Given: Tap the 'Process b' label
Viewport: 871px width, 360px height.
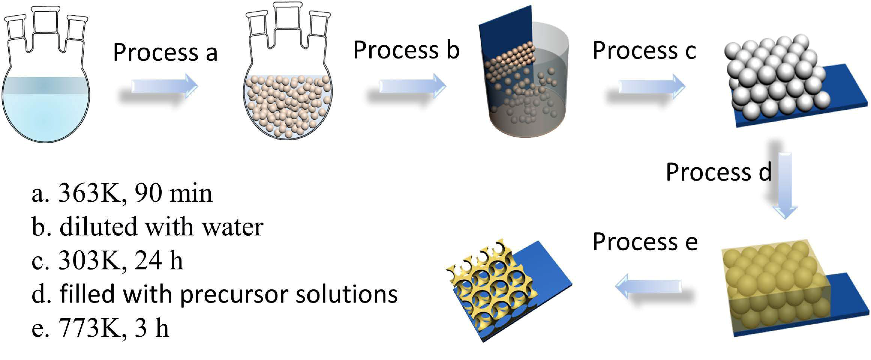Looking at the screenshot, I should (406, 50).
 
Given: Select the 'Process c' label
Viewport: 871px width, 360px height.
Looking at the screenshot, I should (644, 51).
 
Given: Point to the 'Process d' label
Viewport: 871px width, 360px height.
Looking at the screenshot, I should (719, 172).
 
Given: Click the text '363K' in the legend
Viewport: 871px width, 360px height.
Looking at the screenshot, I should (90, 194).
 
